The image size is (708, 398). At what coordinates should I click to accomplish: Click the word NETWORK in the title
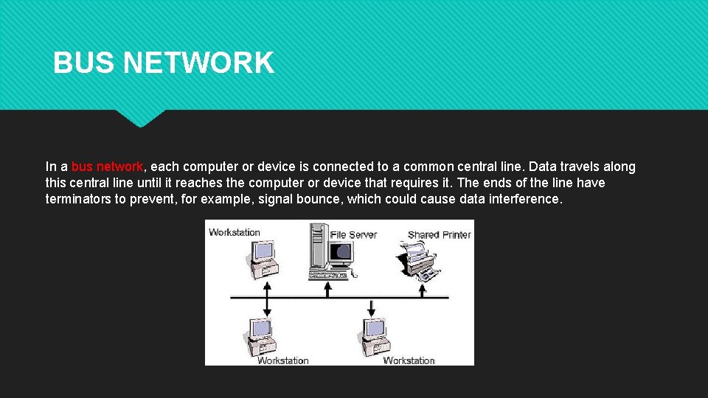pos(198,63)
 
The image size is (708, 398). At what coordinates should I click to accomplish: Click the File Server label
pos(353,235)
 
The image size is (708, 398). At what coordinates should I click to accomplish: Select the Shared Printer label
pos(439,235)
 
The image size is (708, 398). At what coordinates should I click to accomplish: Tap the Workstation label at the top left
pos(235,232)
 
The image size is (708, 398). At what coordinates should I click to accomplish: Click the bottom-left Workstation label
pos(282,360)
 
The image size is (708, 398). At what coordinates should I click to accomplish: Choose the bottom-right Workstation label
pos(409,360)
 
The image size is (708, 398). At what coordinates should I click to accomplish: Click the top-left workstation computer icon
pos(261,259)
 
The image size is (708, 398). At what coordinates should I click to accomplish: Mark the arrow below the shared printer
pos(423,290)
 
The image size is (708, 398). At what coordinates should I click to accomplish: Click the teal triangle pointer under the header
pos(140,118)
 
